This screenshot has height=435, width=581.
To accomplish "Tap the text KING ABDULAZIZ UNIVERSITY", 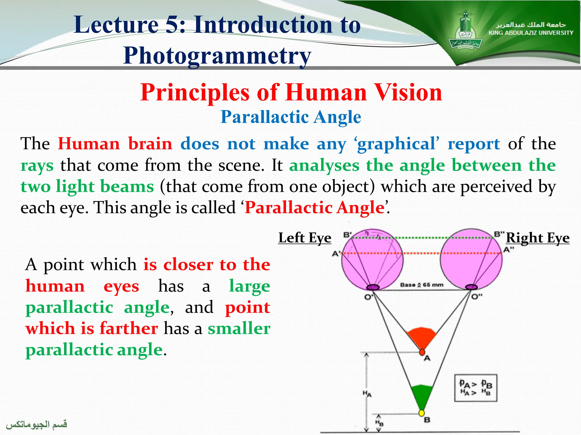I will (531, 33).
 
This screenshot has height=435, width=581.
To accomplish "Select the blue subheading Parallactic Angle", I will (291, 117).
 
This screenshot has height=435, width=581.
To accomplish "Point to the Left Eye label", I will (305, 238).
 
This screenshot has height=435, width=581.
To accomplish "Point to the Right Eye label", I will (538, 238).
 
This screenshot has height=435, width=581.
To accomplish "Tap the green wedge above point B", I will (422, 395).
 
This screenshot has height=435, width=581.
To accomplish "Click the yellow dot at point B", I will (422, 413).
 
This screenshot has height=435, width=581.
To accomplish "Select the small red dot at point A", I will (422, 352).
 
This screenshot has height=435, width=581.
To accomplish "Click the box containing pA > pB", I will (476, 388).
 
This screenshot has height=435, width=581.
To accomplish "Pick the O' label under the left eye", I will (369, 297).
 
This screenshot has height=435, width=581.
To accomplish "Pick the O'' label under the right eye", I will (477, 297).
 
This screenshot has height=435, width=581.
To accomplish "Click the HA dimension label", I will (367, 393).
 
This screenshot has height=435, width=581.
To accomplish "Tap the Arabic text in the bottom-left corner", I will (37, 424).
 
